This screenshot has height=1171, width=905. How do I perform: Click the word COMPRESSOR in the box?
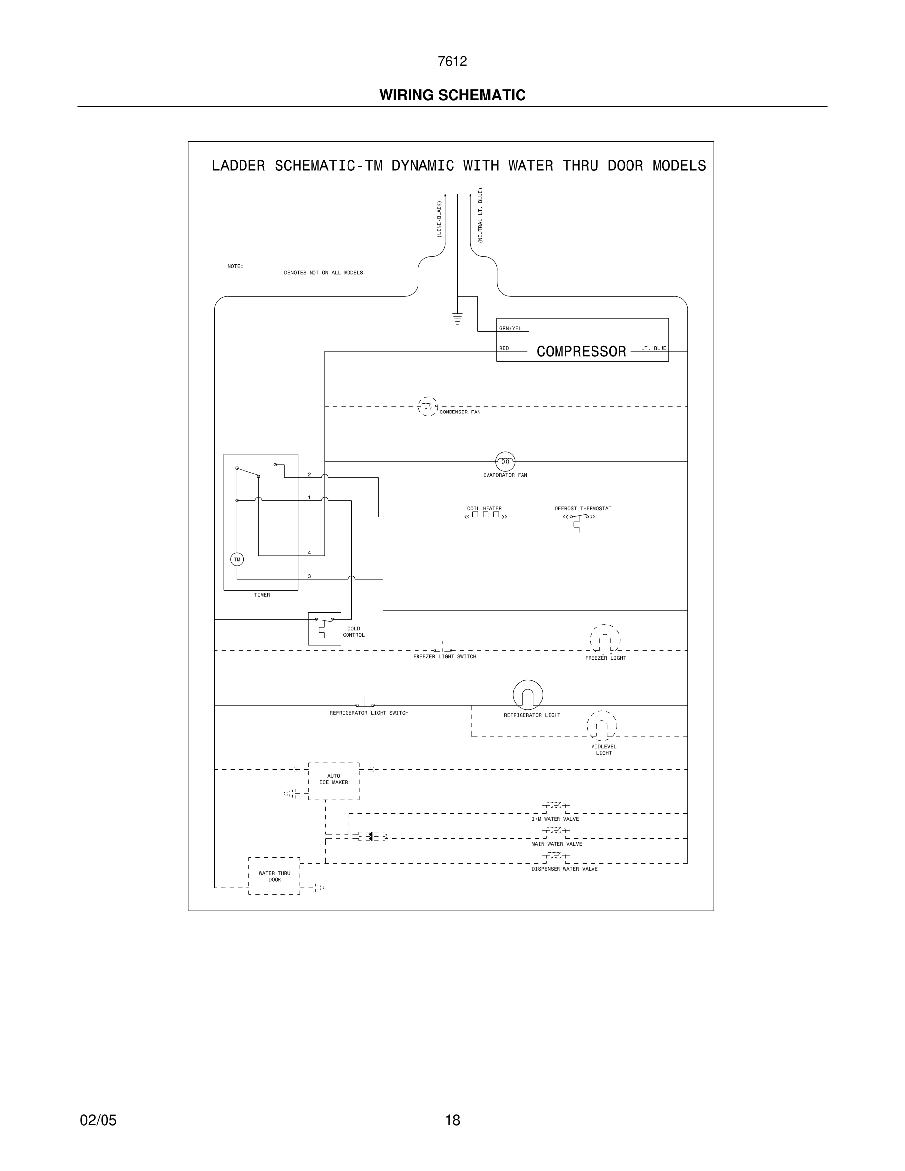point(581,352)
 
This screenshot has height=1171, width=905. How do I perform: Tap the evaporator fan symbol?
point(505,461)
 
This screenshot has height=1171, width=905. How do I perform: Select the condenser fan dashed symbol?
point(427,407)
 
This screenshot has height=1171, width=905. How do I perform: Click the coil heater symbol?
point(485,516)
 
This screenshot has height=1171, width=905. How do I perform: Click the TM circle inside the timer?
point(237,560)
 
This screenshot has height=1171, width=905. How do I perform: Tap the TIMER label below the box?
point(262,595)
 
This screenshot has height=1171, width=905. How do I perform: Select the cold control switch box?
point(324,628)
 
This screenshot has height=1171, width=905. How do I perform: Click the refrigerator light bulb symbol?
point(527,695)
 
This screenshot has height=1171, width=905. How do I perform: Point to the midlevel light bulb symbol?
point(601,726)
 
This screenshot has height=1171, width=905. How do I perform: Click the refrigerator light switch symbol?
point(365,704)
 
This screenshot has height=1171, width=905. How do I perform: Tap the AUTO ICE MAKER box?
point(334,781)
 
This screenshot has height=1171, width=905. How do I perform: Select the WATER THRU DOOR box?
point(274,876)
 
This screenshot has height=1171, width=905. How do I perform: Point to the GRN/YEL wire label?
point(510,329)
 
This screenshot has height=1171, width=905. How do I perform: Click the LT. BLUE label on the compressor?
point(654,348)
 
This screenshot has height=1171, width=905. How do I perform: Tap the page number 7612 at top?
point(452,62)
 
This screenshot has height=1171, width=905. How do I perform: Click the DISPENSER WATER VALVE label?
point(564,869)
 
